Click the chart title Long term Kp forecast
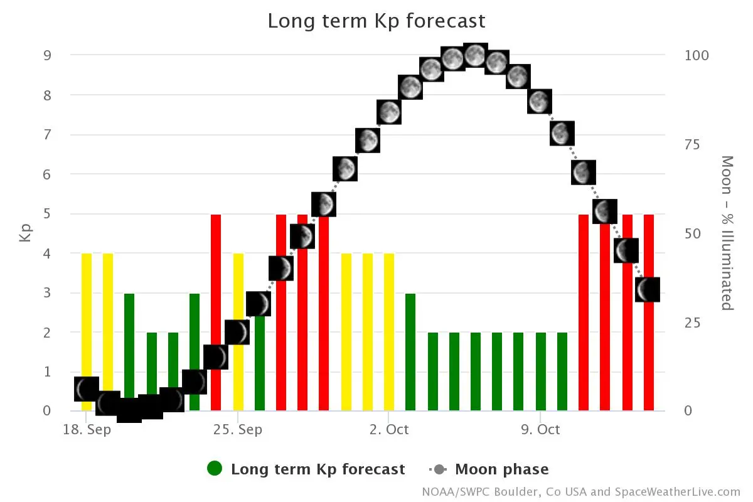376,21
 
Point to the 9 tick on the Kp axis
46,55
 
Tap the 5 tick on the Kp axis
46,214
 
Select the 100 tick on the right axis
697,55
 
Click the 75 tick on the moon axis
692,144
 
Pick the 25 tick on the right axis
692,323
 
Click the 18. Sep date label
87,430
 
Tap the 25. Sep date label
238,430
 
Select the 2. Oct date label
389,430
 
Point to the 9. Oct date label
540,430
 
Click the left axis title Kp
26,232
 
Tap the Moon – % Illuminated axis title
727,233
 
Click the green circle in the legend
215,469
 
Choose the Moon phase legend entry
501,469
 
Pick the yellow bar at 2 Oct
389,333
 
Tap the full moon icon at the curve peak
475,56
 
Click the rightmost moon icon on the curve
648,290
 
